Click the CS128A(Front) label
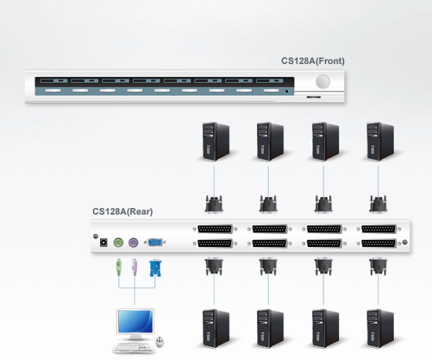[x=312, y=61]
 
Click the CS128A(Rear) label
[x=122, y=212]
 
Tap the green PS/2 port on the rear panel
[x=118, y=243]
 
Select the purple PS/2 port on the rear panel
[x=133, y=243]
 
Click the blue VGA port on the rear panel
[x=154, y=243]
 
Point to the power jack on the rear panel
[x=103, y=243]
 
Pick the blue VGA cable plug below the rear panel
[x=153, y=269]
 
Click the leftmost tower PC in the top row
[x=214, y=140]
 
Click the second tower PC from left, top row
[x=269, y=140]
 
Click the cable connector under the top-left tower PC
[x=214, y=203]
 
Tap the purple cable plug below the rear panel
[x=134, y=270]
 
